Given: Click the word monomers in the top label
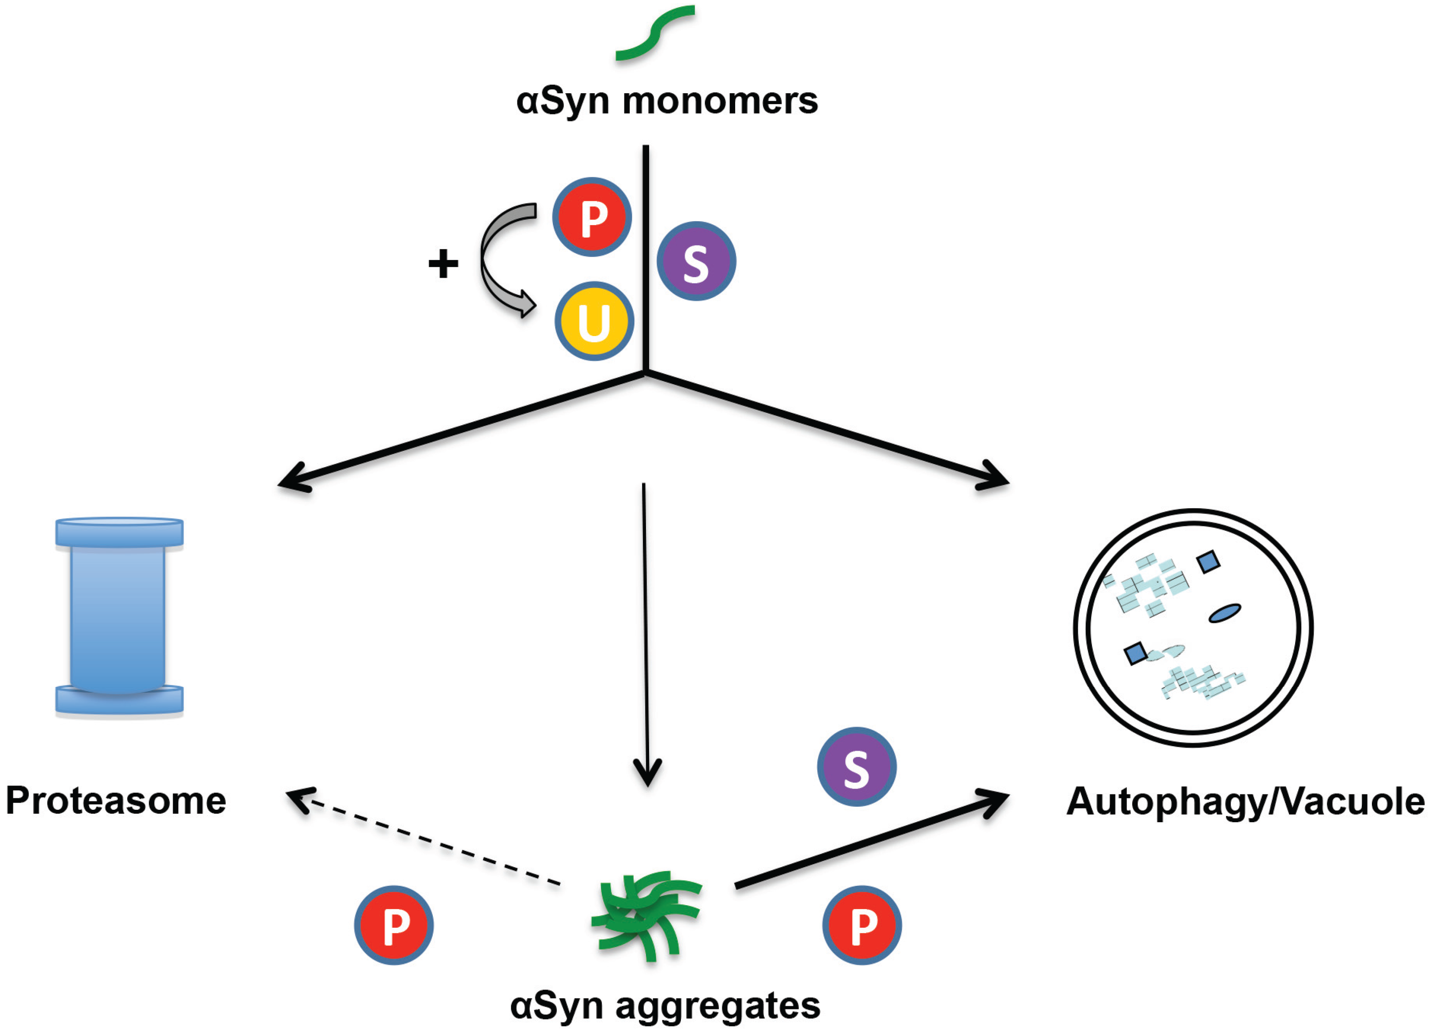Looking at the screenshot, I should [720, 101].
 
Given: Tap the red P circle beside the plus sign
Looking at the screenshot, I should [592, 217].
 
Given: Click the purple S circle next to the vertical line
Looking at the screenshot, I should [696, 261].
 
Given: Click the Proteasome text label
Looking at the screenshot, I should [116, 801].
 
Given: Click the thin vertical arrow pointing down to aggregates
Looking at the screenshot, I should [645, 631].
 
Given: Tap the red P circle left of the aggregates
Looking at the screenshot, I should [393, 925].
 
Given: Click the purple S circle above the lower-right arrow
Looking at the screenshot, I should [856, 767].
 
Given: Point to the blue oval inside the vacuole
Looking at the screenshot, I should [1224, 613].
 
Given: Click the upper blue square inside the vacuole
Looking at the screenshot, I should [1208, 561].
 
